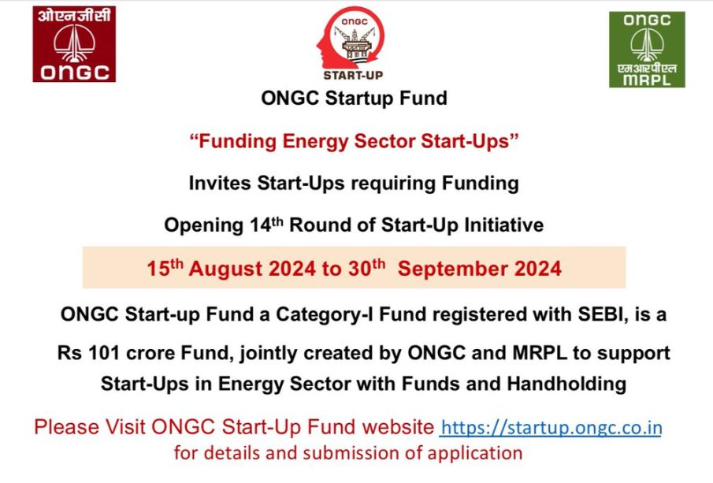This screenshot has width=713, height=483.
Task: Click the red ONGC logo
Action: tap(74, 44)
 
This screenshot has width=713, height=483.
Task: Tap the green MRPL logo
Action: tap(647, 50)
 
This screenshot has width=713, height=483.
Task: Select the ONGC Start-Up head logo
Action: tap(351, 38)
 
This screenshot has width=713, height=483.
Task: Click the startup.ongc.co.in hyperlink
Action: tap(551, 428)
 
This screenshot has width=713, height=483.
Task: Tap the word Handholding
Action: tap(566, 384)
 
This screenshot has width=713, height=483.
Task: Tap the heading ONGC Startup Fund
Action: tap(355, 98)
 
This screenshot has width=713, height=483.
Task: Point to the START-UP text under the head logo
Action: tap(353, 76)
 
